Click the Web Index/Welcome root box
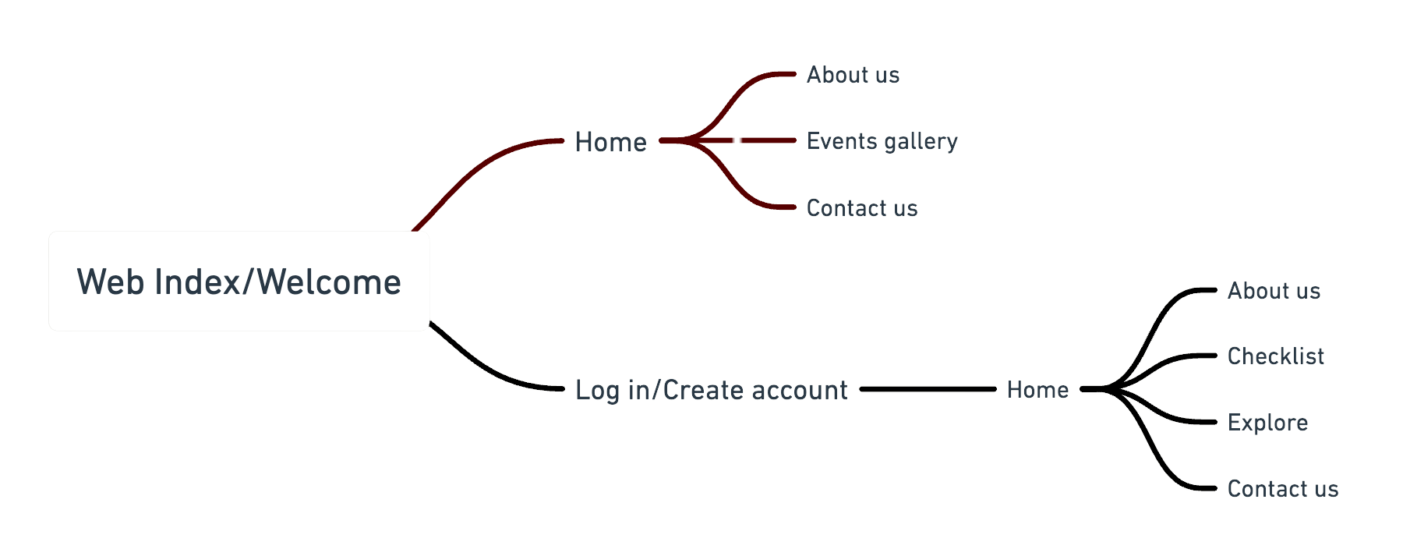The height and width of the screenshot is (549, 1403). pyautogui.click(x=239, y=281)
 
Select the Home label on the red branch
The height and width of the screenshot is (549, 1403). pyautogui.click(x=610, y=142)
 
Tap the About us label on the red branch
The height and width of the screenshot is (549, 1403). pyautogui.click(x=853, y=75)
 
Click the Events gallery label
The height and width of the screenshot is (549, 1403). pyautogui.click(x=882, y=141)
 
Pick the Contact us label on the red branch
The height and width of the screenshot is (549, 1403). pyautogui.click(x=861, y=208)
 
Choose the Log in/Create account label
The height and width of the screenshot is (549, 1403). pyautogui.click(x=711, y=389)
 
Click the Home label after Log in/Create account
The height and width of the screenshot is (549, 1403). pyautogui.click(x=1037, y=389)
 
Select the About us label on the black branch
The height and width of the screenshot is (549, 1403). pyautogui.click(x=1274, y=291)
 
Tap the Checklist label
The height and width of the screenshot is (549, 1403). pyautogui.click(x=1275, y=356)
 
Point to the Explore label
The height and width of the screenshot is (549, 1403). pyautogui.click(x=1267, y=423)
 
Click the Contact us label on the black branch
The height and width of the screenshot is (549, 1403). pyautogui.click(x=1282, y=489)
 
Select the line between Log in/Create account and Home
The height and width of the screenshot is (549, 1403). pyautogui.click(x=928, y=389)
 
